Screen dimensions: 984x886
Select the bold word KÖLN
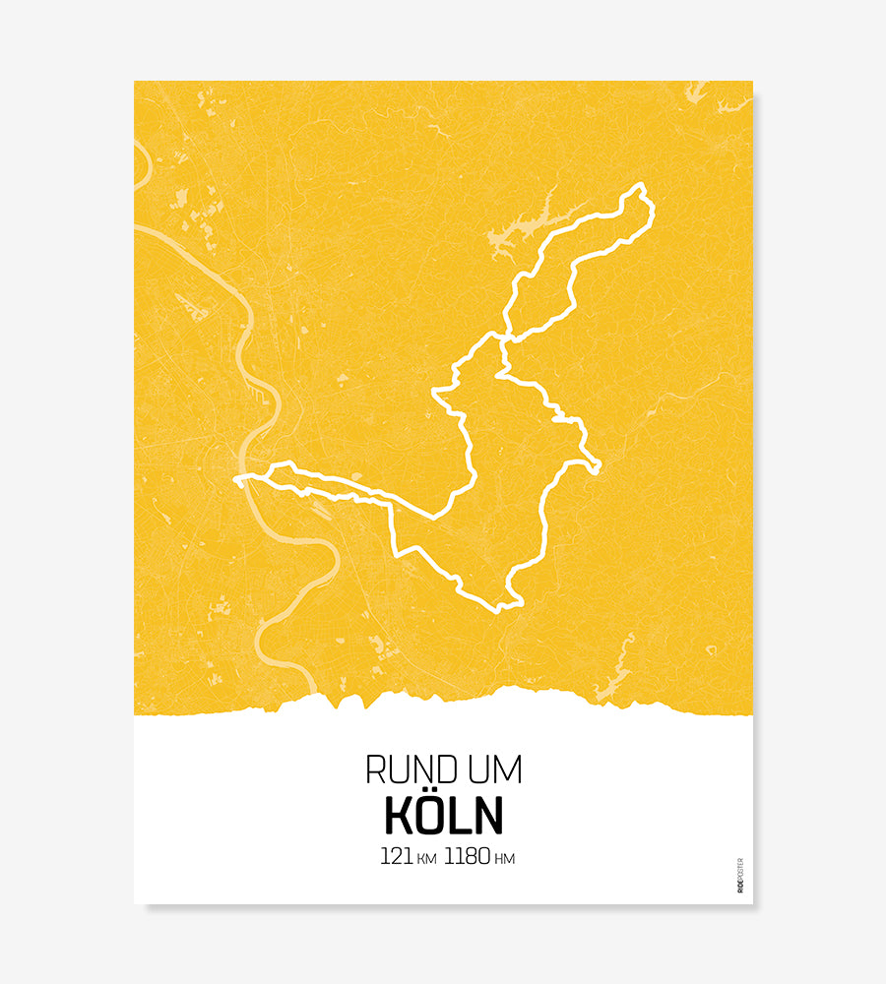(x=443, y=815)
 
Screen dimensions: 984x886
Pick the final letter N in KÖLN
(x=488, y=816)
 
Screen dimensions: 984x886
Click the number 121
(x=396, y=857)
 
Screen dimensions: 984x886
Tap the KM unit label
(x=426, y=859)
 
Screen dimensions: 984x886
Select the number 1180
(x=467, y=857)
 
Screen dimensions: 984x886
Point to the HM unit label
(x=504, y=859)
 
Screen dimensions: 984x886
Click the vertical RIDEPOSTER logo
(x=740, y=876)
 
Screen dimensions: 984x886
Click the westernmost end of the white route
(x=237, y=480)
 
